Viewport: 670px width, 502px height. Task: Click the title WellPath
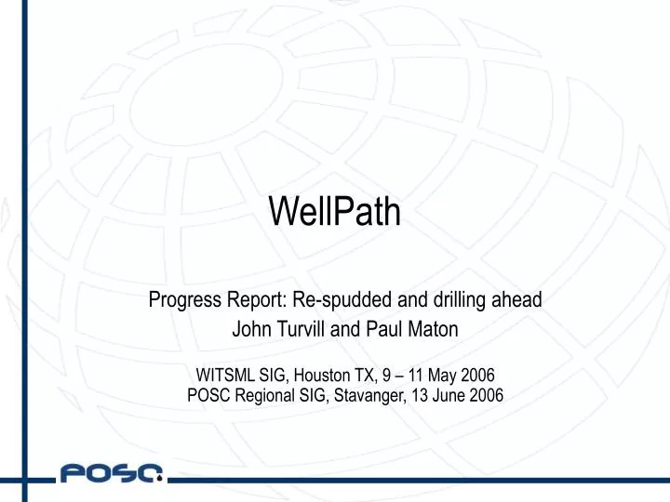(335, 212)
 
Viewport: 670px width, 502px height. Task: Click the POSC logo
(112, 475)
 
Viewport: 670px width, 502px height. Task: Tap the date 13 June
(436, 393)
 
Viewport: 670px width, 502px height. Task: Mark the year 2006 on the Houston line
(476, 376)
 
